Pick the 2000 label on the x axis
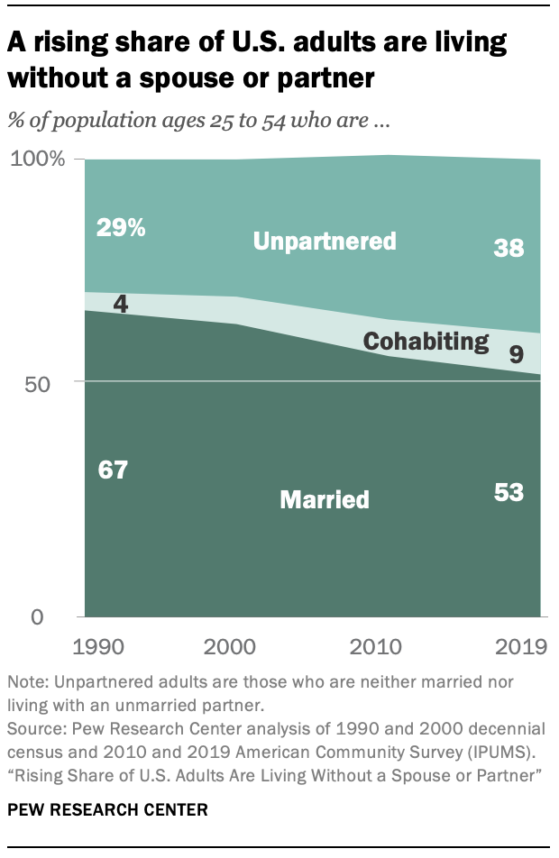[229, 647]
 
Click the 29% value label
[120, 228]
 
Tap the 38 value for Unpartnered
[509, 248]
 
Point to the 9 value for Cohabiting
[516, 353]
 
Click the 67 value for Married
[115, 470]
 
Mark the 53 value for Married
[509, 492]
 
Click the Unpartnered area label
[325, 242]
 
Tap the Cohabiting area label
[425, 341]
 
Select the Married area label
[325, 498]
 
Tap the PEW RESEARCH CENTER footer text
[107, 810]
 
